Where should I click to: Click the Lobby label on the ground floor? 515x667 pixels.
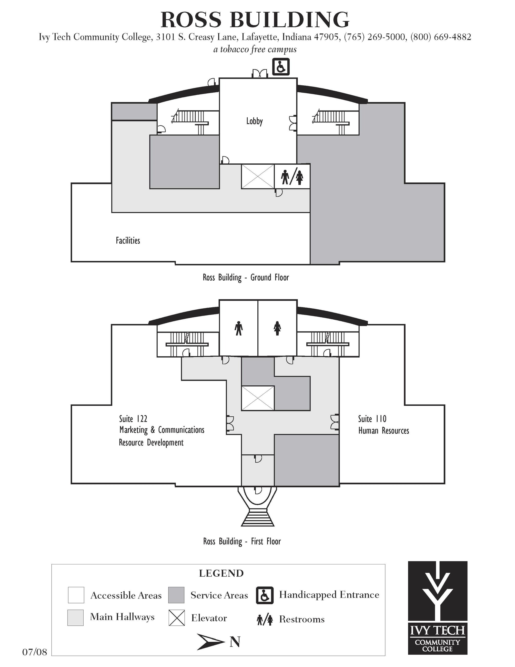[x=255, y=121]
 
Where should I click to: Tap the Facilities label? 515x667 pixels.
[x=128, y=241]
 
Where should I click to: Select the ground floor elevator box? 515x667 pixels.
[x=258, y=176]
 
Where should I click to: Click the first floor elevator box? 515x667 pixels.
[x=258, y=398]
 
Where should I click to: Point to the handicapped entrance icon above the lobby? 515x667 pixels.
[x=281, y=67]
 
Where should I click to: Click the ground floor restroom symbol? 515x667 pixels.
[x=292, y=177]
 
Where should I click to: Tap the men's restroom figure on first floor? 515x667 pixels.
[x=239, y=328]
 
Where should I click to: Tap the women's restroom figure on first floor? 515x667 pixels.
[x=277, y=328]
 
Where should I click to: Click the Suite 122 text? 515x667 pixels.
[x=133, y=418]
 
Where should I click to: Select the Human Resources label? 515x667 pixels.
[x=383, y=431]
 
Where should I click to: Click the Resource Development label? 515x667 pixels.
[x=151, y=443]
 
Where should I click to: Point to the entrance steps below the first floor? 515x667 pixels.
[x=257, y=516]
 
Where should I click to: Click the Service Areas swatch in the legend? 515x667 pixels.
[x=176, y=595]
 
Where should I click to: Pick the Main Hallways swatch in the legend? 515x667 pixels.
[x=75, y=617]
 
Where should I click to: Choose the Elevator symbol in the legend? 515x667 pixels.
[x=176, y=618]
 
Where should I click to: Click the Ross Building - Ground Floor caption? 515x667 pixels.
[x=246, y=278]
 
